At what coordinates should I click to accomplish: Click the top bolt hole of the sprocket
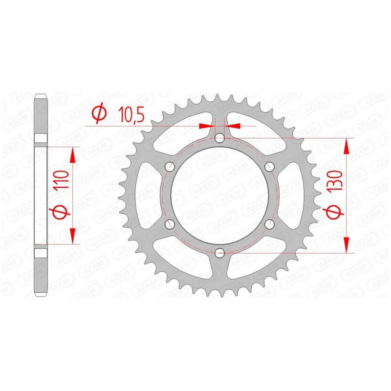point(219,138)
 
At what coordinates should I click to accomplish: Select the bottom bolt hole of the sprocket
point(219,253)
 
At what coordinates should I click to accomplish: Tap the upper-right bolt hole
point(269,167)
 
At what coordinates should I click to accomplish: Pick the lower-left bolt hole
point(170,224)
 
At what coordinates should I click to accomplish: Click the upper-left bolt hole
point(170,167)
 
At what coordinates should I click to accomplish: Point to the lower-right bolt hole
point(269,224)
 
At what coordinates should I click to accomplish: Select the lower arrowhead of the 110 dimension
point(72,236)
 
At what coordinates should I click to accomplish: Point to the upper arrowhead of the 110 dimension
point(72,154)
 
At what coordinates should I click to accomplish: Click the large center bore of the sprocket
point(219,195)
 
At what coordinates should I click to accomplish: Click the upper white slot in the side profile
point(41,138)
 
